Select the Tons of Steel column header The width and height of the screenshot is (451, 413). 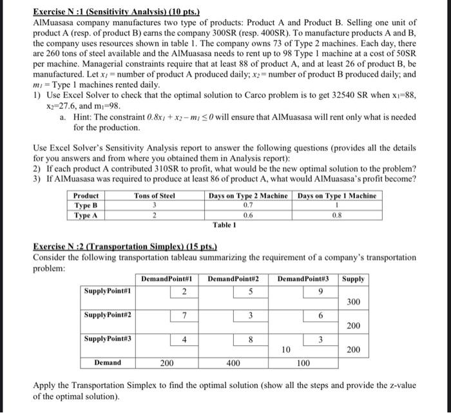(x=155, y=196)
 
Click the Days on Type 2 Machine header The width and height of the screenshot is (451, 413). (x=248, y=196)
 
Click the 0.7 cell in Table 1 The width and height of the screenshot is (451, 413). (x=247, y=205)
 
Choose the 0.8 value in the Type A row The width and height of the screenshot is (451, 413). (x=337, y=214)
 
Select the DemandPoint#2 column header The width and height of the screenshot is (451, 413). (x=233, y=279)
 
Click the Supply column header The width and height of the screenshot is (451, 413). (x=354, y=279)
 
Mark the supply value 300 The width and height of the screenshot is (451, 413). (x=354, y=302)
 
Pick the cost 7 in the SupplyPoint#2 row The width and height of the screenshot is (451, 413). (x=184, y=314)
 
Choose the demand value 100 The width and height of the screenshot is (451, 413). (x=303, y=363)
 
